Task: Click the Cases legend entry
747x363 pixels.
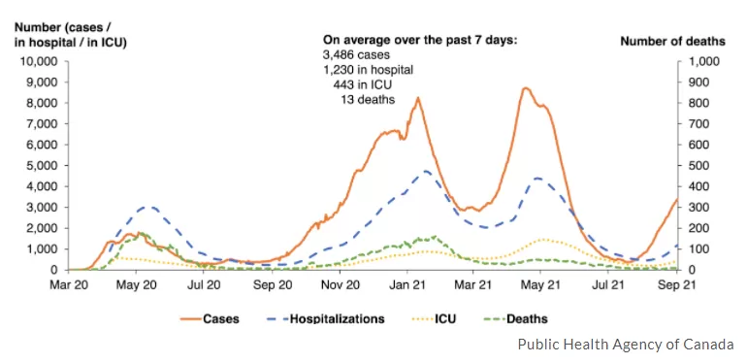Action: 210,318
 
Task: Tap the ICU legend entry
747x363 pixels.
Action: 434,318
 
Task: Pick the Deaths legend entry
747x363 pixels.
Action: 519,318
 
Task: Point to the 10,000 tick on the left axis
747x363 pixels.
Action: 44,61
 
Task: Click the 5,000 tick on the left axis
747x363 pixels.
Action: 47,166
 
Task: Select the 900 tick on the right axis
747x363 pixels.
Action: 697,82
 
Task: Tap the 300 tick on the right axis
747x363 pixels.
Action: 697,208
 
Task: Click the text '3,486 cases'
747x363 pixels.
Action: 356,54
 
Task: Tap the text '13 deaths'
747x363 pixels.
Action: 368,100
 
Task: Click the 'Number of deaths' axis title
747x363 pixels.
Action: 672,42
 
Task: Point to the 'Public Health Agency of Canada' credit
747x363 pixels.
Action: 626,344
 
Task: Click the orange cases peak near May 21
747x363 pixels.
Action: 525,88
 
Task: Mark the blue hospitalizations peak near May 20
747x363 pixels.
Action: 149,208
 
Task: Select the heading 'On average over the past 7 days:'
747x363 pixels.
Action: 420,40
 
